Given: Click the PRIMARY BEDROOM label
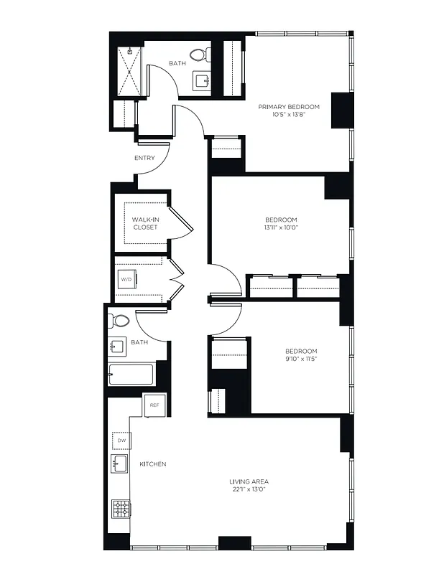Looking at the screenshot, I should [289, 107].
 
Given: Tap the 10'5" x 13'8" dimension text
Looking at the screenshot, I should [289, 115].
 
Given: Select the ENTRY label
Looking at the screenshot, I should [144, 158].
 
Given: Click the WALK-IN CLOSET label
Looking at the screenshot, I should [144, 223].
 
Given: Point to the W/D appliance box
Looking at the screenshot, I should [126, 279].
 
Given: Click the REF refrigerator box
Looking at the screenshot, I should [154, 405].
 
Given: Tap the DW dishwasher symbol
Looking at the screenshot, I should [119, 440].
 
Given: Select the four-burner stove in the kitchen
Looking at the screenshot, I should [121, 509].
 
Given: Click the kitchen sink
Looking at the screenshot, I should [119, 464].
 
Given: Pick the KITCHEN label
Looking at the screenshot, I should [152, 464].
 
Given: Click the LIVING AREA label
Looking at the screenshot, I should [249, 481].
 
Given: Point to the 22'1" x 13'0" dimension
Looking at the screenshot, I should [249, 489].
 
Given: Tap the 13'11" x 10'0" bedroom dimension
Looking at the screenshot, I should [281, 227].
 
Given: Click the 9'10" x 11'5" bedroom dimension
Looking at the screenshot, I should [301, 359].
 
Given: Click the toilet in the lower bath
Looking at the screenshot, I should [119, 321].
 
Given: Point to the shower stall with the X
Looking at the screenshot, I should [129, 70].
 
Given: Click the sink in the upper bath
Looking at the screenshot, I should [201, 81].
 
